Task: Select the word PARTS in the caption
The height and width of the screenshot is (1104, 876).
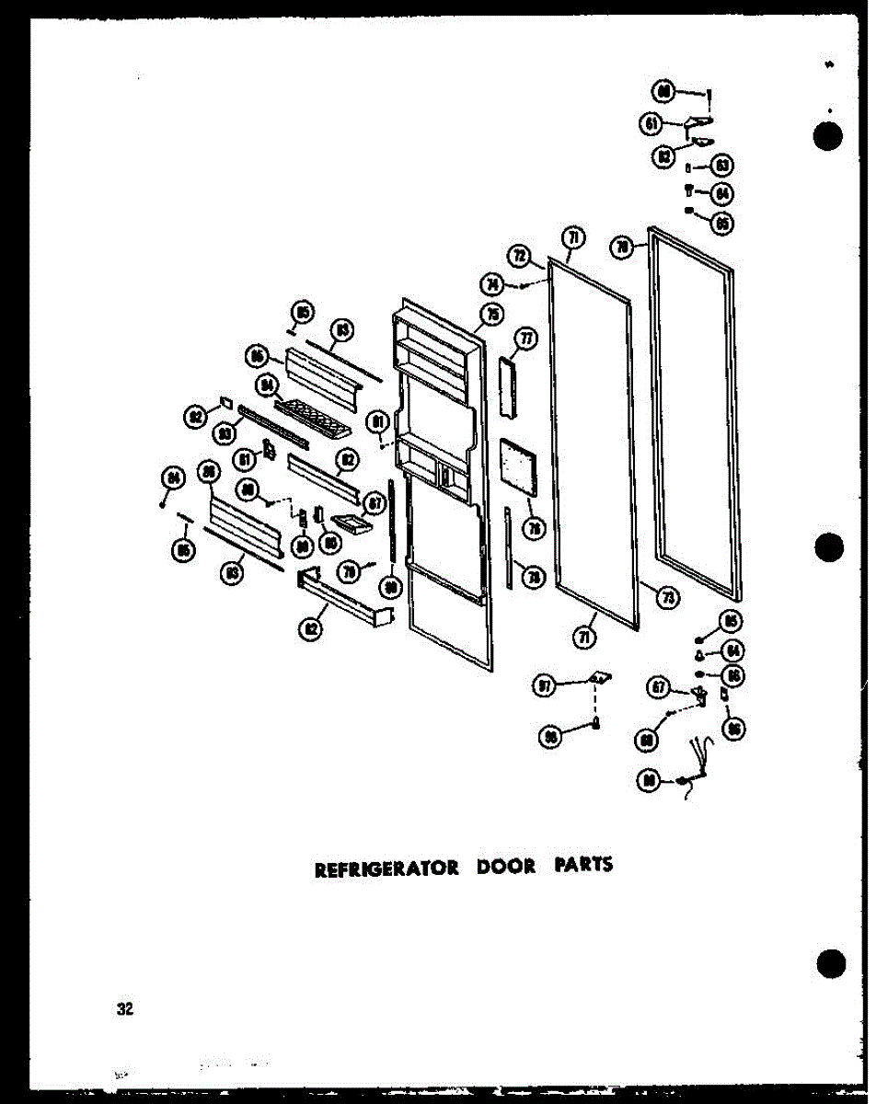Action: [x=583, y=866]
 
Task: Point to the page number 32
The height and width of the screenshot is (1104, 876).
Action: [x=125, y=1009]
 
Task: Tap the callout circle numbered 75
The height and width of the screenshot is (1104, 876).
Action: [x=491, y=315]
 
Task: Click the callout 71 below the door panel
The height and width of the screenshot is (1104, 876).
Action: [x=585, y=635]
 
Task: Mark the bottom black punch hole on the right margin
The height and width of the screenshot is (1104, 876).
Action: [x=831, y=962]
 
